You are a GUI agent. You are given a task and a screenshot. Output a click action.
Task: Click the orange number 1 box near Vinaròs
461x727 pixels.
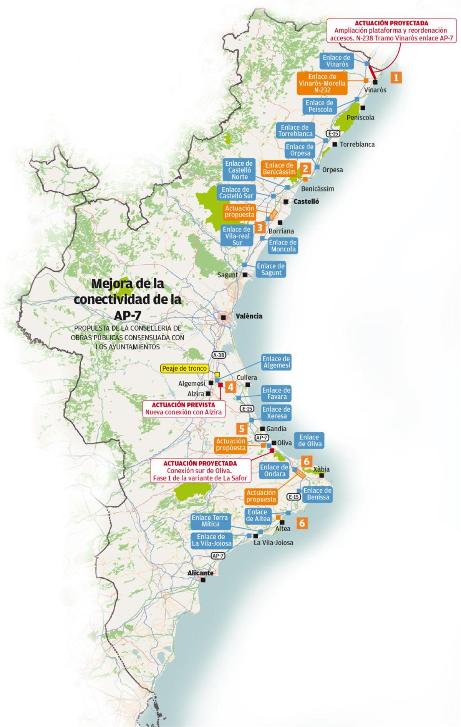point(396,77)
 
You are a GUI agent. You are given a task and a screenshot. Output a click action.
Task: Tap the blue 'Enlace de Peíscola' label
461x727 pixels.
point(320,106)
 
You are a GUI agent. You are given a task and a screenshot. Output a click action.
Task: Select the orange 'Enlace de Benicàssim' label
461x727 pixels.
point(279,168)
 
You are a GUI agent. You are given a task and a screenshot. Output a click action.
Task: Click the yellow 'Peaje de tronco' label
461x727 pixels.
point(184,368)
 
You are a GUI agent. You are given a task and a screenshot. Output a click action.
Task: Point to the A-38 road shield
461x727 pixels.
point(218,355)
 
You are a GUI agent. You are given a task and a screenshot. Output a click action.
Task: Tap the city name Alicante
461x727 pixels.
point(200,573)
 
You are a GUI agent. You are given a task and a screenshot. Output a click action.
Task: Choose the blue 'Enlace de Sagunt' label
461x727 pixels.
point(271,269)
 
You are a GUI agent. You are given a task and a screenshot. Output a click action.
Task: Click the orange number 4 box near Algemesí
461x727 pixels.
point(231,387)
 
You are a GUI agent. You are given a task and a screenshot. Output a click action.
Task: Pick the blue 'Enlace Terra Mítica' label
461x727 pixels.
point(210,521)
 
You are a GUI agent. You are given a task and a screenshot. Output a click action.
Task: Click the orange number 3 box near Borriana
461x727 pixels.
point(260,227)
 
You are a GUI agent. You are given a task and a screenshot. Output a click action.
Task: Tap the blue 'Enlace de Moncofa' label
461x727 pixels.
point(283,246)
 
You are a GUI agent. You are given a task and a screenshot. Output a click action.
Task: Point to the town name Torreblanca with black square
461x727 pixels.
point(357,145)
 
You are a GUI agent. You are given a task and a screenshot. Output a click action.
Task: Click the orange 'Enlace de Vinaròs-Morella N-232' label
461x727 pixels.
point(322,83)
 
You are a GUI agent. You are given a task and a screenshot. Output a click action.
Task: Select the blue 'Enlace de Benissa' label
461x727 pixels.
point(317,494)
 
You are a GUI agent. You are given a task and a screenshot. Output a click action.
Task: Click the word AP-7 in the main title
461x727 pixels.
point(128,315)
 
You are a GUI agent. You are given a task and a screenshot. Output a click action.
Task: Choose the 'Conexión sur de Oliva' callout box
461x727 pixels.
point(200,471)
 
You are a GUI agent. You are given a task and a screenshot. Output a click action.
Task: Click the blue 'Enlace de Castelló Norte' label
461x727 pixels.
point(239,170)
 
